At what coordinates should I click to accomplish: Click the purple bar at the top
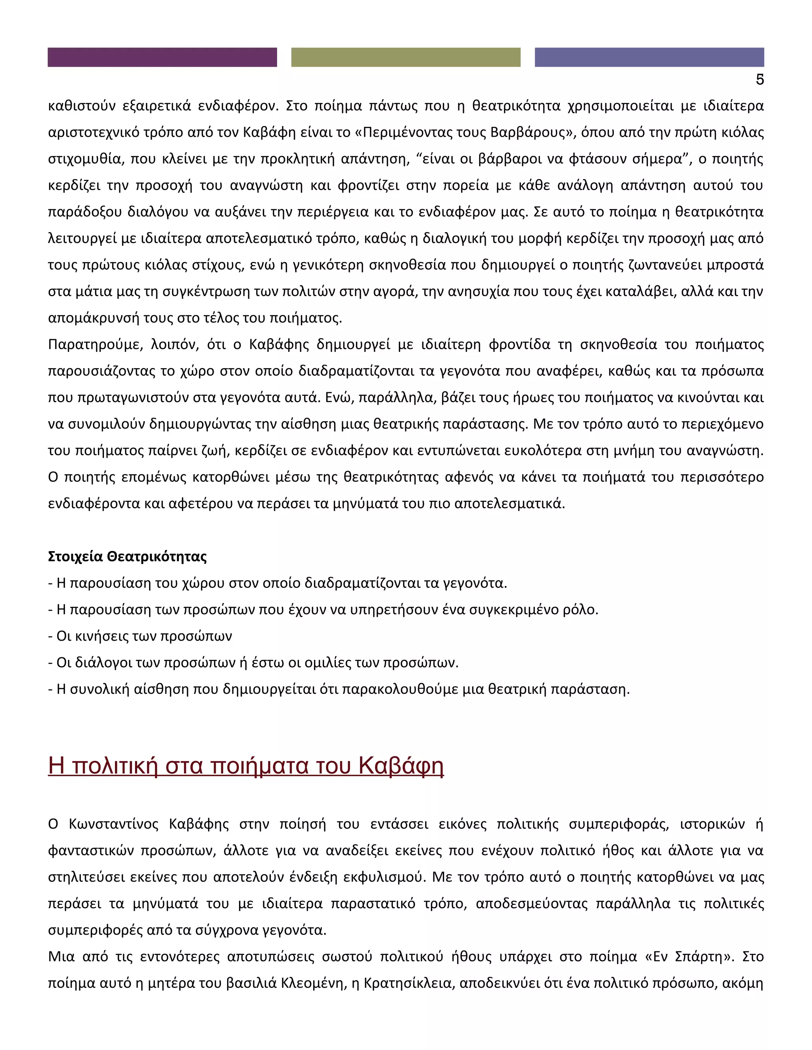(162, 57)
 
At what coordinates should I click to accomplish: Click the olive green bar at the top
(406, 57)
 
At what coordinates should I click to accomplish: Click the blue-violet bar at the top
(649, 57)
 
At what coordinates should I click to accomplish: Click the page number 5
(760, 80)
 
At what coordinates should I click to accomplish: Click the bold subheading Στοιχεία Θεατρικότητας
(128, 557)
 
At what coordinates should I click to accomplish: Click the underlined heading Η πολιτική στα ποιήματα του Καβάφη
(245, 766)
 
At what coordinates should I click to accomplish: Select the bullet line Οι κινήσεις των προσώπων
(140, 636)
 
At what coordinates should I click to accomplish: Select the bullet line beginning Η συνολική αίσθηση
(339, 689)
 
